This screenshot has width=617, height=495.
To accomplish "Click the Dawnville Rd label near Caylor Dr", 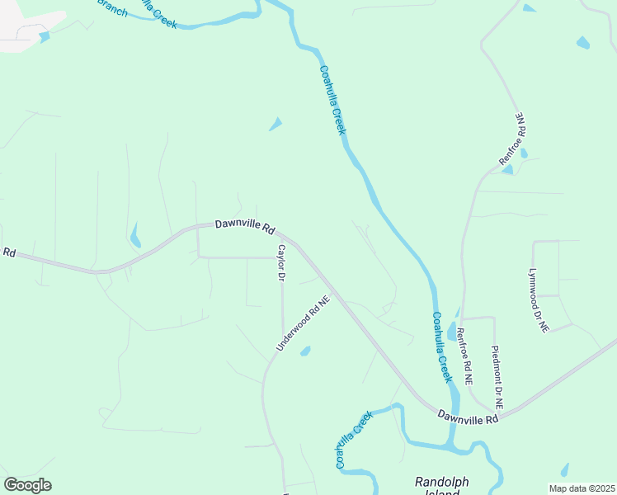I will point(245,226).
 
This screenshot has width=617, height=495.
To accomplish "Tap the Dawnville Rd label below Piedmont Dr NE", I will point(469,417).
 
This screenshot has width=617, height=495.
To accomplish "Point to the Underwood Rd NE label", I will point(303,323).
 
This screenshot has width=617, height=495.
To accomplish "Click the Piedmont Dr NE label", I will point(497,378).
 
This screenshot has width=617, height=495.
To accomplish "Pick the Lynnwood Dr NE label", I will point(538,299).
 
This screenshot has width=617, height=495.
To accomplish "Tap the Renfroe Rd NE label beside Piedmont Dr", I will point(464,357).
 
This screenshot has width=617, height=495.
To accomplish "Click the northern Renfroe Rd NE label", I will point(512,139).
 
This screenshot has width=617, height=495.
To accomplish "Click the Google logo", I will point(28,484).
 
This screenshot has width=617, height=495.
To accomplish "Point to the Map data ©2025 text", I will point(582,488).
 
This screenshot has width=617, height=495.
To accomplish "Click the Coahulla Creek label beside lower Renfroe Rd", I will point(441,346).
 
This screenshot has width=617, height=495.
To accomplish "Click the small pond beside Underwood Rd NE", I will point(305,351).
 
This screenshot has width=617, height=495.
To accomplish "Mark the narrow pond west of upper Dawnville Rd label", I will point(134,236).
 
